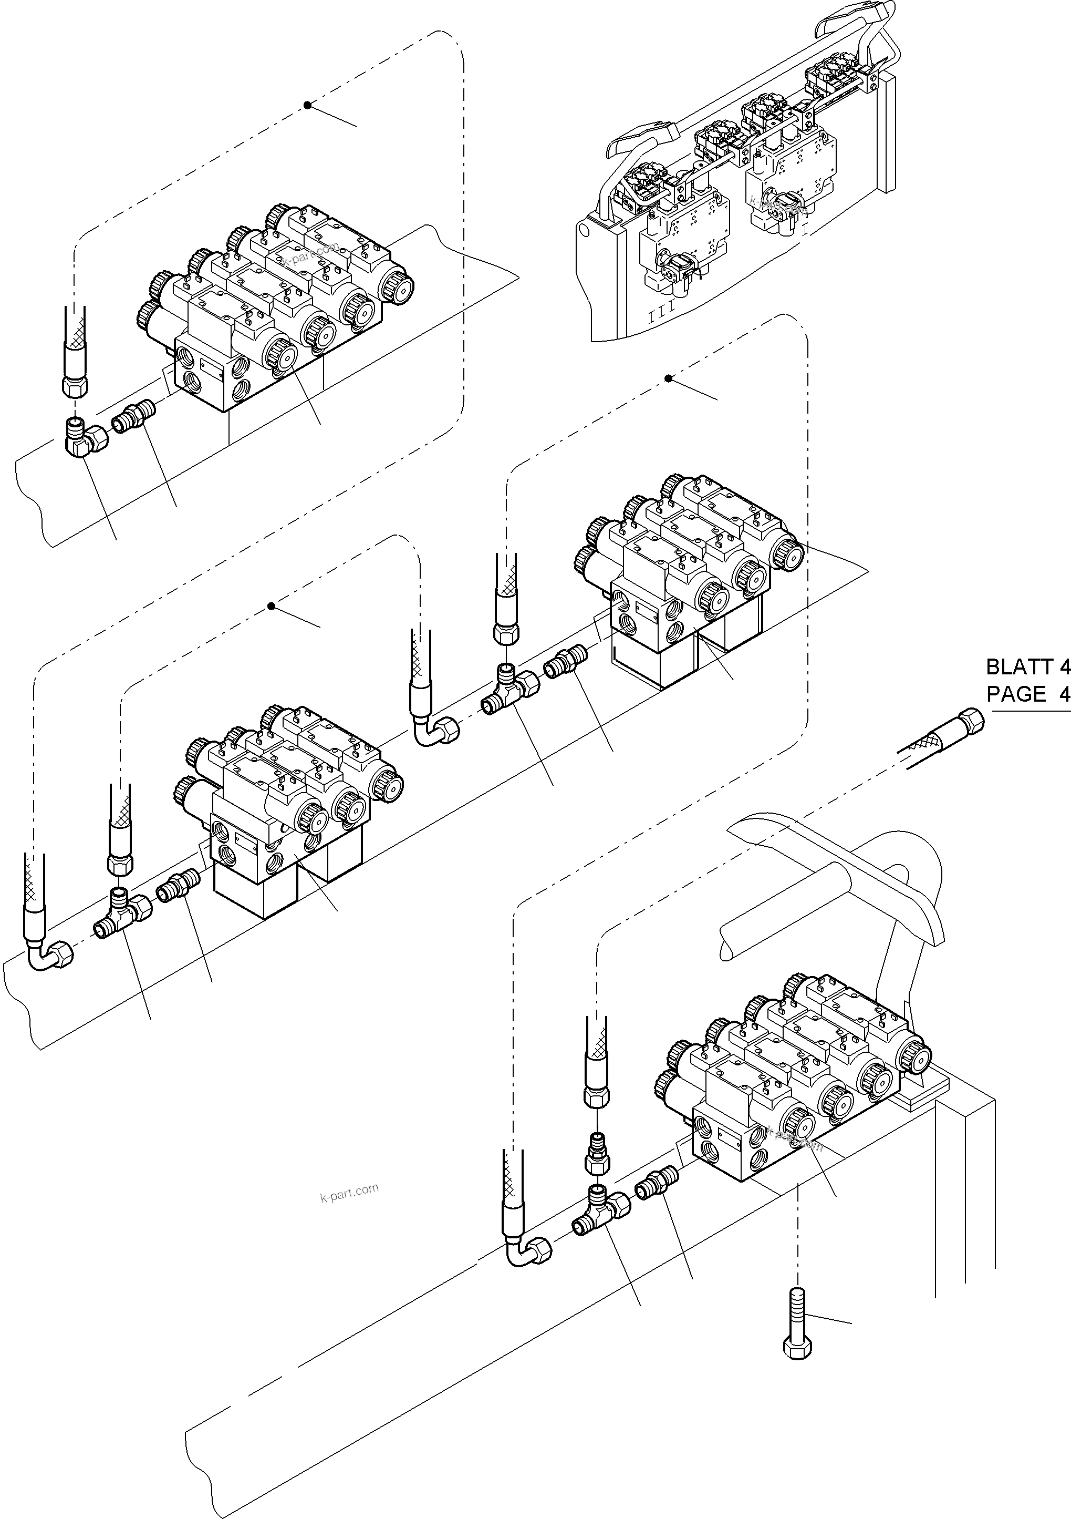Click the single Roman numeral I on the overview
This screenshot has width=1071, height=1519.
coord(805,230)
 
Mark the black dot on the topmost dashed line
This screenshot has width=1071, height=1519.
coord(307,105)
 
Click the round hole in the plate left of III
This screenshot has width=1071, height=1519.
coord(584,231)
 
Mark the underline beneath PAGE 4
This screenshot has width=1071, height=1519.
coord(1031,711)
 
